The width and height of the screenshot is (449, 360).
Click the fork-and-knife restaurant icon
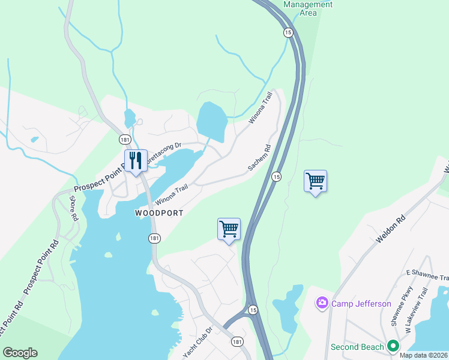(x=136, y=161)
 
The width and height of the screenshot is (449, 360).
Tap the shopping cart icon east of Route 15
(x=315, y=181)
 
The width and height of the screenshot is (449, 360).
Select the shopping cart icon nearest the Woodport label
(x=229, y=229)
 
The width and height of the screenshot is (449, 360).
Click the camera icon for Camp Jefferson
(x=322, y=304)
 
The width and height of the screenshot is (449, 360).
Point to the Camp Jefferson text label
(x=361, y=304)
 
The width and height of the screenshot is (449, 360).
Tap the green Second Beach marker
(x=393, y=346)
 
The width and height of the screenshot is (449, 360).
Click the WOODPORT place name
(x=158, y=213)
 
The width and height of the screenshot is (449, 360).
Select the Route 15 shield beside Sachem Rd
(x=276, y=176)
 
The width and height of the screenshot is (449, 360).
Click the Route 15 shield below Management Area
(x=289, y=32)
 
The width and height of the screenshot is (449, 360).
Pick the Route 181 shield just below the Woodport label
(x=154, y=238)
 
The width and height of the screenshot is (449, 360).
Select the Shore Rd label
(x=74, y=208)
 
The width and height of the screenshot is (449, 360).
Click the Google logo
(x=20, y=353)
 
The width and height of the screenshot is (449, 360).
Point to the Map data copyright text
(x=423, y=355)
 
